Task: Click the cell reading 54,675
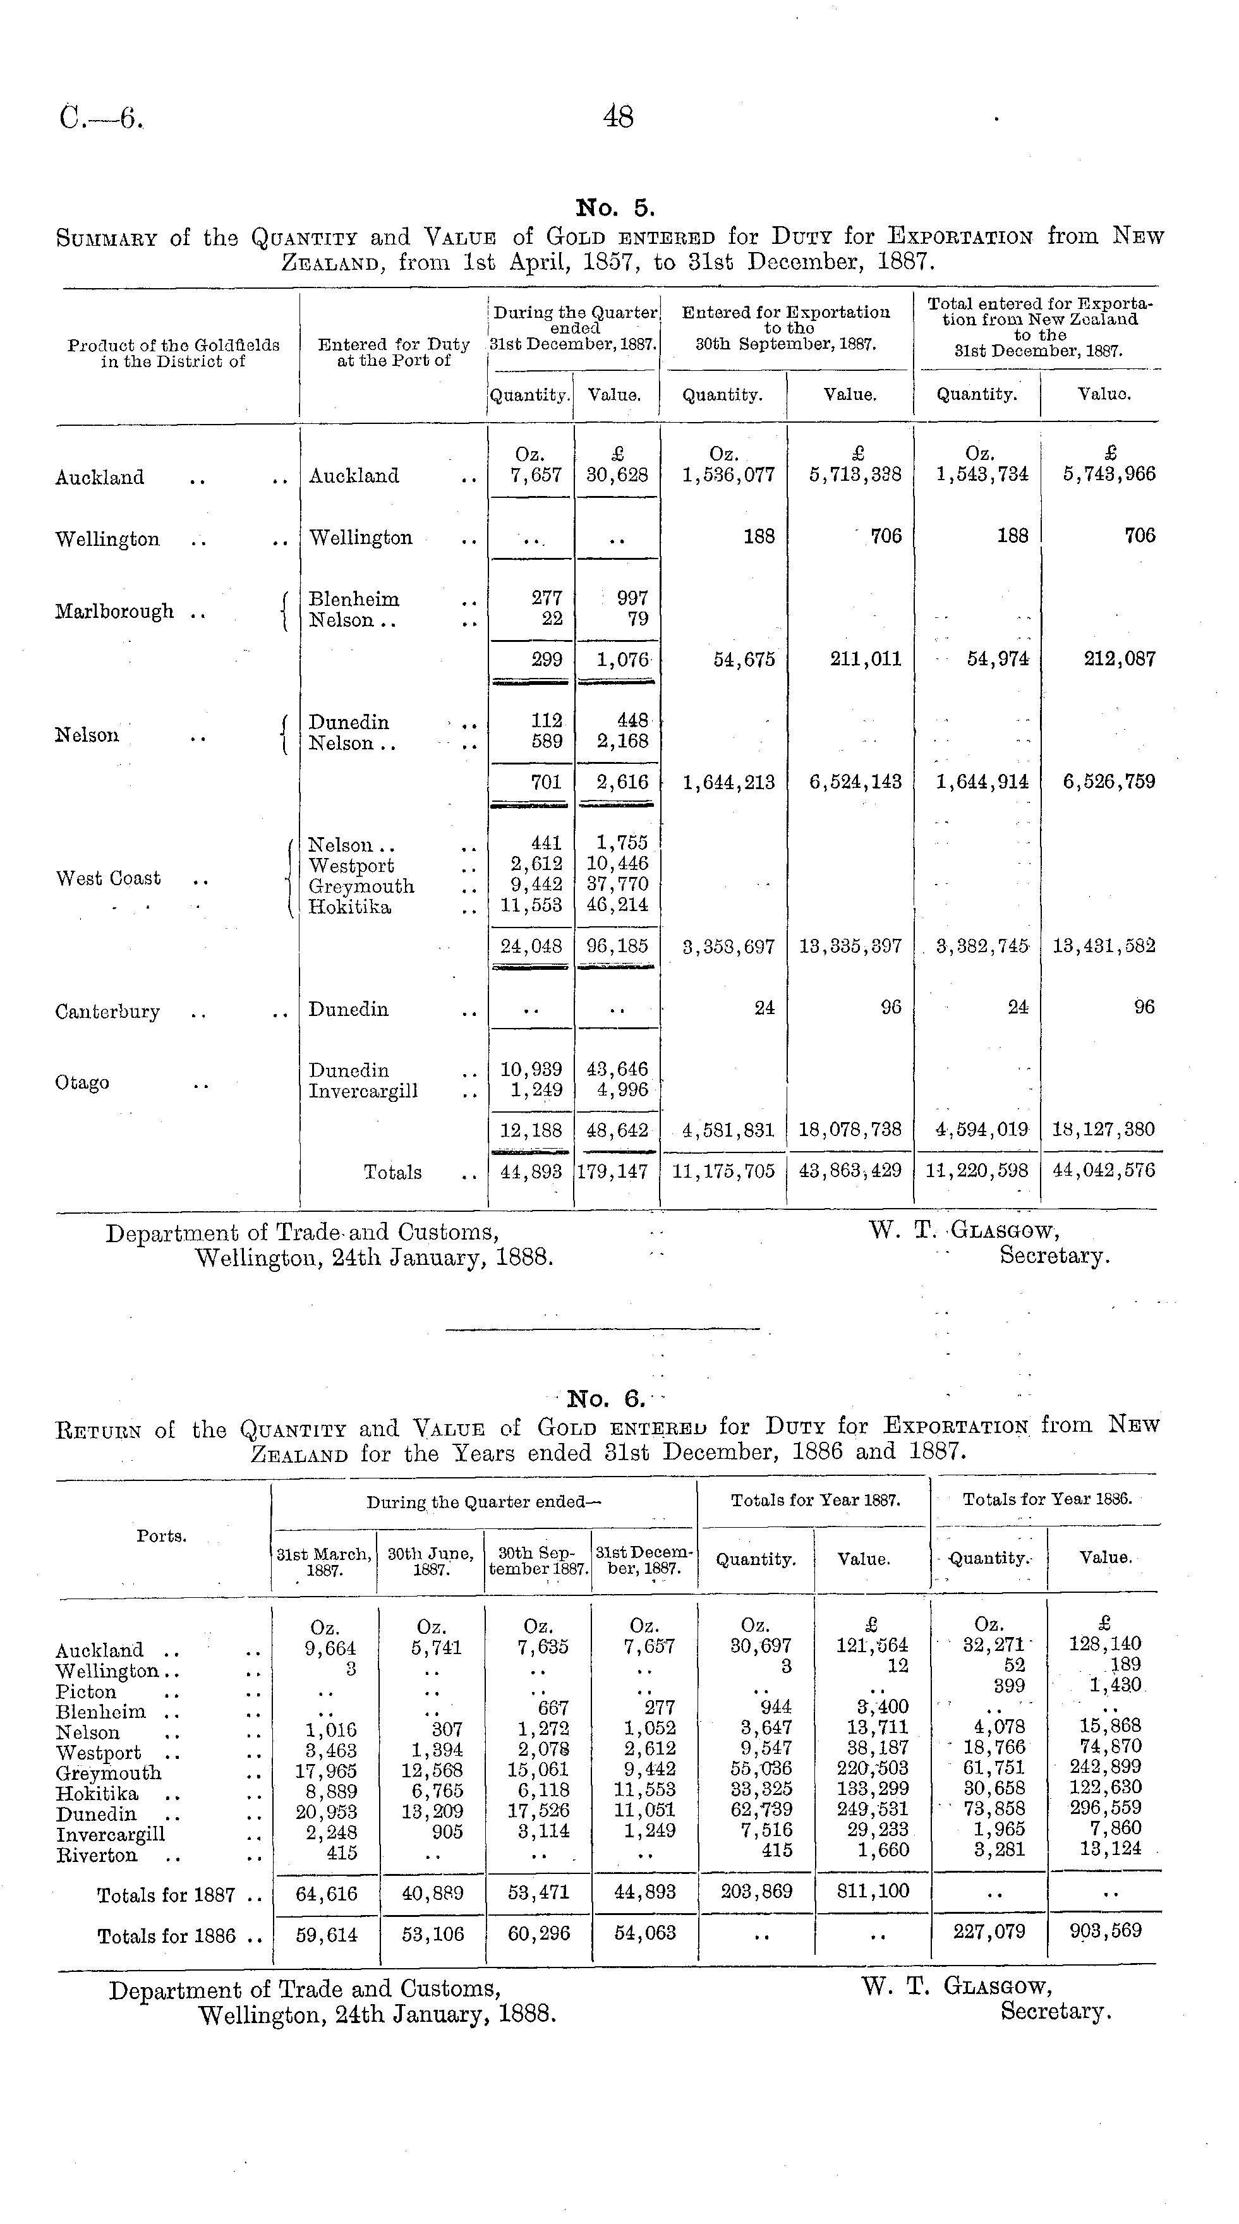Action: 744,660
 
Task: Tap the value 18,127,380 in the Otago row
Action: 1103,1129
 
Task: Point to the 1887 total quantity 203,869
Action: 756,1892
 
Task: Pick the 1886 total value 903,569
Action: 1104,1930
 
